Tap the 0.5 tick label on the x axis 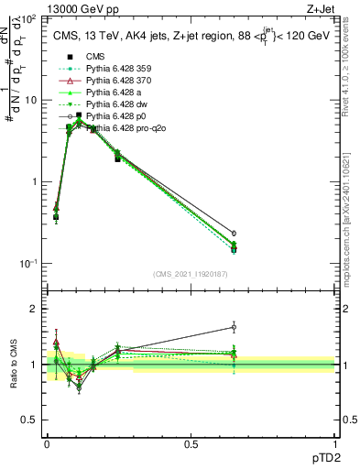pyautogui.click(x=191, y=442)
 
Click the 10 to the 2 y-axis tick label pyautogui.click(x=28, y=18)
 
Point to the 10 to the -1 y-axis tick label pyautogui.click(x=28, y=264)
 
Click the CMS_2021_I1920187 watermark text pyautogui.click(x=191, y=274)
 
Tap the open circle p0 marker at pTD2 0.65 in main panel pyautogui.click(x=234, y=234)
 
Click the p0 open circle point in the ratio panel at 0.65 pyautogui.click(x=234, y=327)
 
